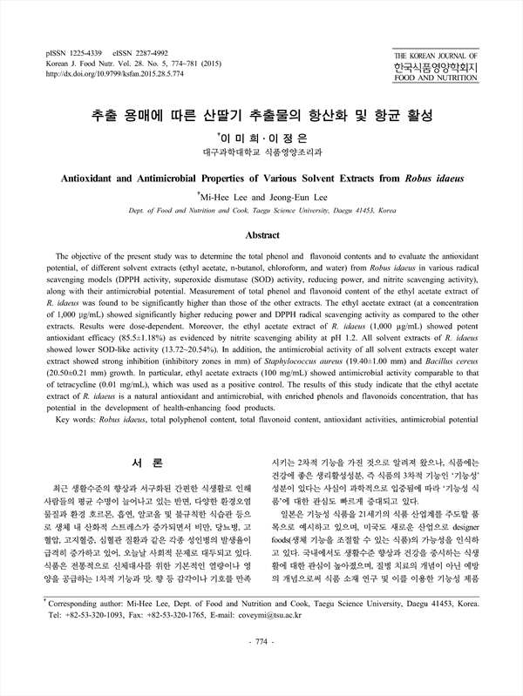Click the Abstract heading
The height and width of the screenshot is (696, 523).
(261, 235)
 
